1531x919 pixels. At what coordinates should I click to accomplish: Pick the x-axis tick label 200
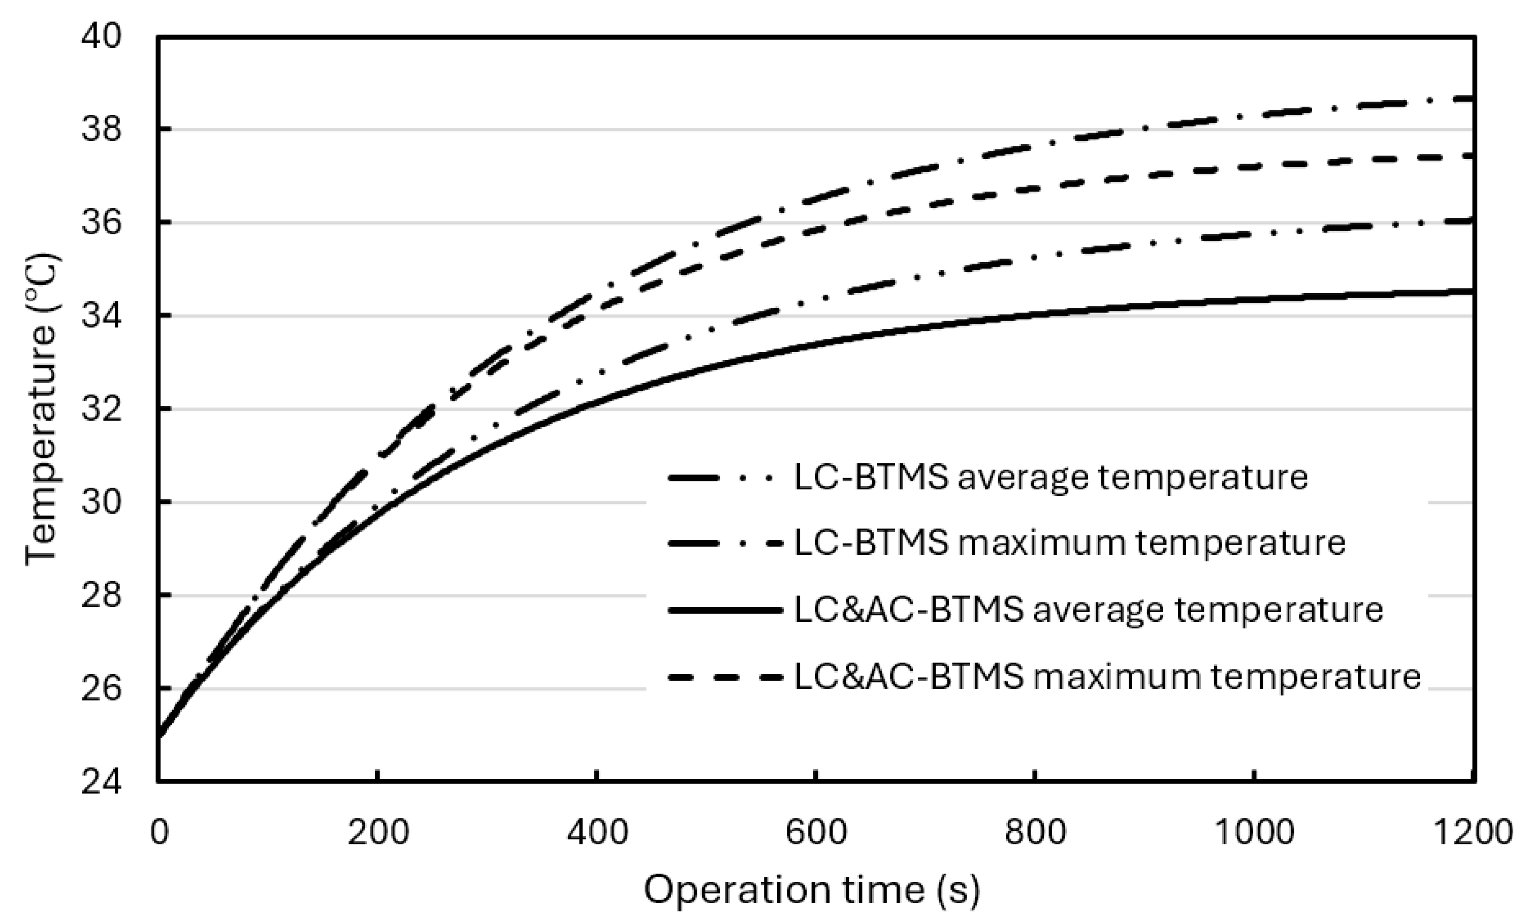377,833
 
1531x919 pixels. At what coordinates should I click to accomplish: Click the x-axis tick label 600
815,833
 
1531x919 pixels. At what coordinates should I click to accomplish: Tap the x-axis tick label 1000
1254,833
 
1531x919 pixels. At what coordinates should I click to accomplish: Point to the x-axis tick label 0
159,833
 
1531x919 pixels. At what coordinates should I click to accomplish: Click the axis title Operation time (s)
812,891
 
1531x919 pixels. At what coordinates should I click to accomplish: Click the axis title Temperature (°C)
42,409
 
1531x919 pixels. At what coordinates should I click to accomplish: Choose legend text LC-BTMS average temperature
1050,478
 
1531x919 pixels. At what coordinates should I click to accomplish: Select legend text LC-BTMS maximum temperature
1069,543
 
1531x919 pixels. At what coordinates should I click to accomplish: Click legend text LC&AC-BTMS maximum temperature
1107,676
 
